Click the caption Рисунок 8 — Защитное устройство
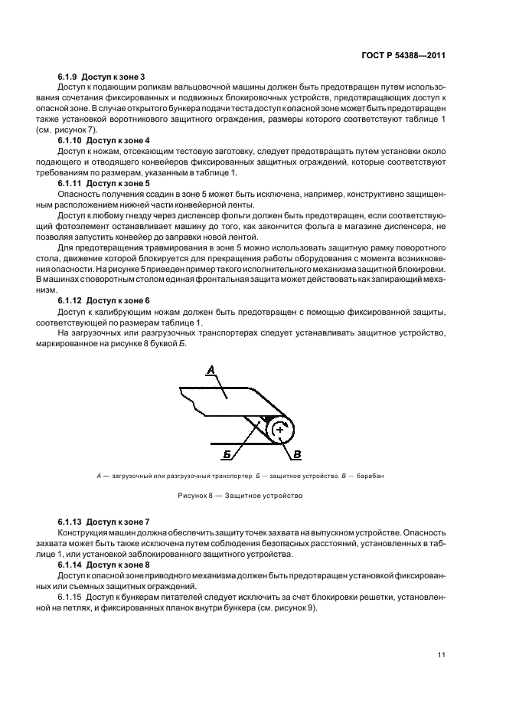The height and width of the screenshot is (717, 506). pos(240,496)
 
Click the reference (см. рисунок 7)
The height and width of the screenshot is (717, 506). pos(76,130)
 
